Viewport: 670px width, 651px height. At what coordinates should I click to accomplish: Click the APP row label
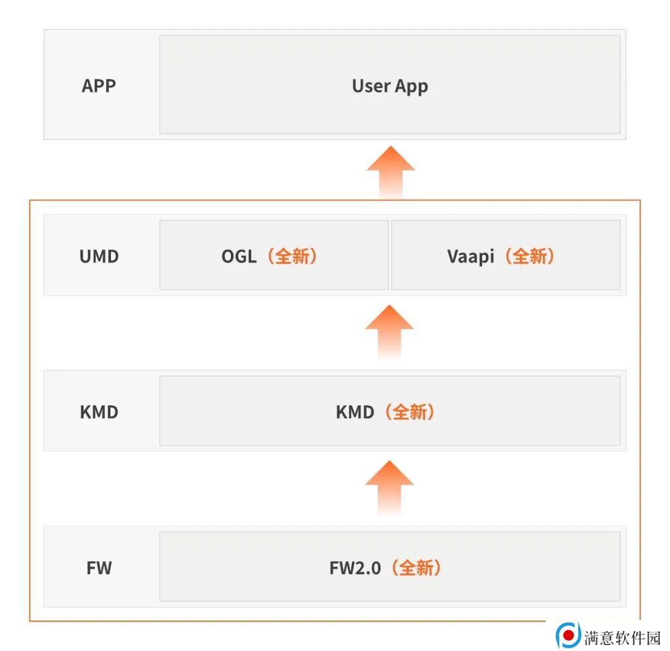pyautogui.click(x=99, y=86)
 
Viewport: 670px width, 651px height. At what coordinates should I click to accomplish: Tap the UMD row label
pyautogui.click(x=99, y=256)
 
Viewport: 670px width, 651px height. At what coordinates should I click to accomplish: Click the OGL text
pyautogui.click(x=239, y=256)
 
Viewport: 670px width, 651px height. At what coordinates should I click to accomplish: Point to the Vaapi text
pyautogui.click(x=470, y=256)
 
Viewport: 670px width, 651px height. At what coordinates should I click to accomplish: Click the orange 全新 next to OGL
pyautogui.click(x=292, y=256)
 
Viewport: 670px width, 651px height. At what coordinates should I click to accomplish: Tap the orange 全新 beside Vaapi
pyautogui.click(x=529, y=256)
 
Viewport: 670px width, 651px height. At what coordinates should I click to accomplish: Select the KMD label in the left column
pyautogui.click(x=99, y=412)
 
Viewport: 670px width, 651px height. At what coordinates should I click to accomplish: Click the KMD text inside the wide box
pyautogui.click(x=355, y=412)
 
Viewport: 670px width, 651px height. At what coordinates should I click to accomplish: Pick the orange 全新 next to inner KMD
pyautogui.click(x=409, y=412)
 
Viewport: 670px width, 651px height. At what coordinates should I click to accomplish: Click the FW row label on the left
pyautogui.click(x=99, y=568)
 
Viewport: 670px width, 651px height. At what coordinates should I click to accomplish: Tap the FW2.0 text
pyautogui.click(x=355, y=568)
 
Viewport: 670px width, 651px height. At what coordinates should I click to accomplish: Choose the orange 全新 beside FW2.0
pyautogui.click(x=416, y=568)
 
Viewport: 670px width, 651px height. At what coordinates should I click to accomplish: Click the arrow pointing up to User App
pyautogui.click(x=391, y=173)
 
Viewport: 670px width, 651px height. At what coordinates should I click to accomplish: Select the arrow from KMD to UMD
pyautogui.click(x=389, y=331)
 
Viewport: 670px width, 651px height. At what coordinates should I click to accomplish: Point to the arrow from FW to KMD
pyautogui.click(x=389, y=487)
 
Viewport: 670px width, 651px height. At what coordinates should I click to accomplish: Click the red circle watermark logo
pyautogui.click(x=568, y=635)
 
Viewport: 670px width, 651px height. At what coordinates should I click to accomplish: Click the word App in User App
pyautogui.click(x=411, y=87)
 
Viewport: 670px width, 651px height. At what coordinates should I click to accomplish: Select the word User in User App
pyautogui.click(x=370, y=86)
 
